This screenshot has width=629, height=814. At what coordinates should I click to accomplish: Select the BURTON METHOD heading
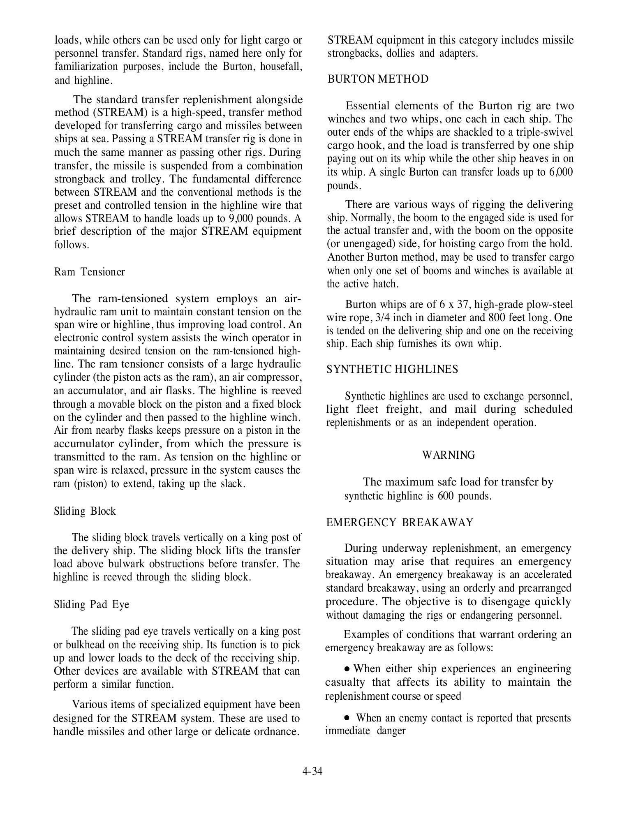pyautogui.click(x=378, y=79)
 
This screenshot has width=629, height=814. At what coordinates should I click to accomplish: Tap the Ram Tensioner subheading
pyautogui.click(x=89, y=272)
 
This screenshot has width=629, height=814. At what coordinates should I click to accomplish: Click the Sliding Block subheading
pyautogui.click(x=85, y=511)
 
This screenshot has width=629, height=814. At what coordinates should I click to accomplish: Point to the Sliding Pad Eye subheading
pyautogui.click(x=91, y=604)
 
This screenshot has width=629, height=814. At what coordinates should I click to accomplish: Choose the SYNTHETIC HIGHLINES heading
pyautogui.click(x=392, y=370)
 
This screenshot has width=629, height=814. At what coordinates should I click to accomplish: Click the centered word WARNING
pyautogui.click(x=449, y=455)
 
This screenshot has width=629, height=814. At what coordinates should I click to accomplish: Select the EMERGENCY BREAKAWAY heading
pyautogui.click(x=400, y=523)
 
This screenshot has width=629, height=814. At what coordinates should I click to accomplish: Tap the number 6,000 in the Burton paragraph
pyautogui.click(x=561, y=172)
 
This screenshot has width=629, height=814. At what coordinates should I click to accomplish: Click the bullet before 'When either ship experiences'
pyautogui.click(x=347, y=669)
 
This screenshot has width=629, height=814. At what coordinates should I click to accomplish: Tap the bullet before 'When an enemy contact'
pyautogui.click(x=347, y=718)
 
